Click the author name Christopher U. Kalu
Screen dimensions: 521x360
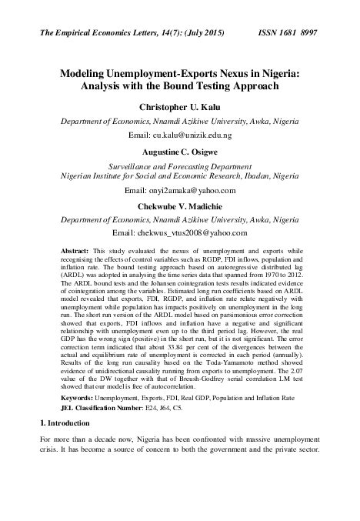click(179, 106)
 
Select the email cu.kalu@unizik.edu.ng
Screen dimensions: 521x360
click(180, 135)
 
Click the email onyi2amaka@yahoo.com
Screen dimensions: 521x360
click(179, 189)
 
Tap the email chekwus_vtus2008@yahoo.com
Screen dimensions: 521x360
click(179, 232)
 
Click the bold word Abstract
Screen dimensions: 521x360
click(74, 252)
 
